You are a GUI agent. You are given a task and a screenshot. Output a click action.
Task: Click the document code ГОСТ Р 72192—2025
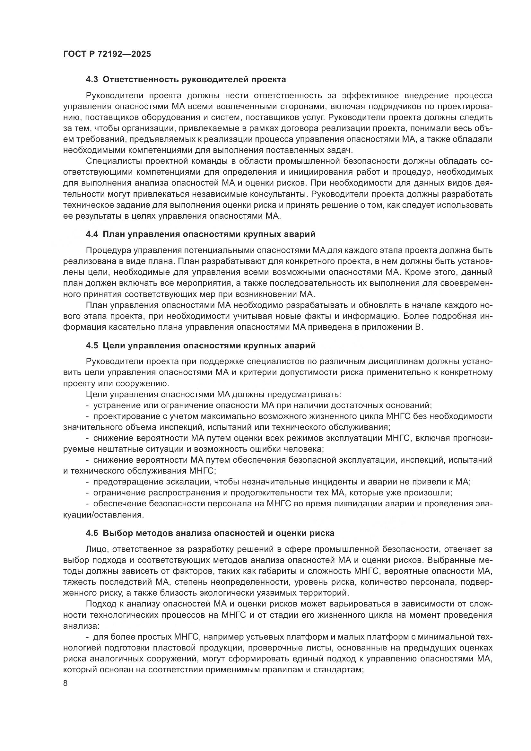coord(107,54)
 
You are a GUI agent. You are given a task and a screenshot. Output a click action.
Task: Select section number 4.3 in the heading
coord(92,80)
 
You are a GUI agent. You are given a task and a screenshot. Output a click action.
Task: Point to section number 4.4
coord(92,234)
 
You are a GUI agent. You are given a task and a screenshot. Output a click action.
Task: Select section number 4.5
coord(92,345)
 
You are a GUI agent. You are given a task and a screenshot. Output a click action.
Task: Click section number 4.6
coord(92,533)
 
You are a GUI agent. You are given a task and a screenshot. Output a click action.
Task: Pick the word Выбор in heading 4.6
coord(117,533)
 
